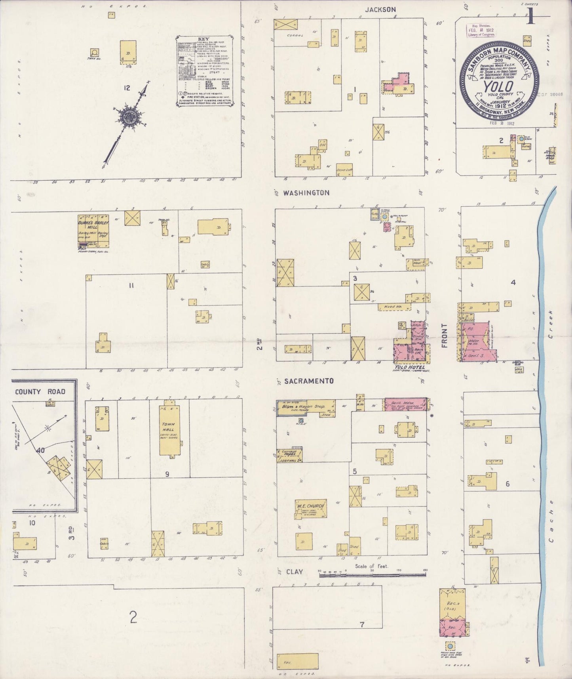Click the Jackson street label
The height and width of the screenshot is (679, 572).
tap(380, 10)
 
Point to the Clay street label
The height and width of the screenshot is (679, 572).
tap(294, 572)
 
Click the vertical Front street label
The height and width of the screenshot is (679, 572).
tap(444, 336)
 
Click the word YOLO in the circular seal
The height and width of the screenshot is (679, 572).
tap(497, 86)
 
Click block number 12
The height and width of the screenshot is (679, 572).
tap(126, 88)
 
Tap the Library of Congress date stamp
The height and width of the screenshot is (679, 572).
tap(481, 30)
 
